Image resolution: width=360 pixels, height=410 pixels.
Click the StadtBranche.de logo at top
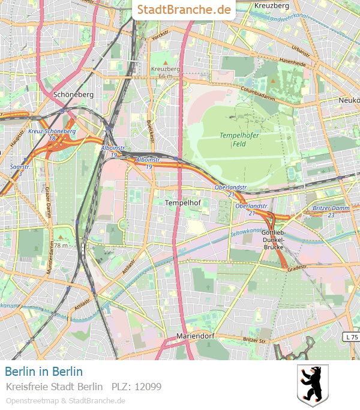click(184, 10)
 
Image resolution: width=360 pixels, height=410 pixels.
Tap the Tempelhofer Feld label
click(239, 139)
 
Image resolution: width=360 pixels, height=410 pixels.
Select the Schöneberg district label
click(73, 94)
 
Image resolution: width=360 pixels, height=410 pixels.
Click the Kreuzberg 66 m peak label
click(166, 73)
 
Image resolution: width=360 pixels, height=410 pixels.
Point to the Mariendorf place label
click(195, 336)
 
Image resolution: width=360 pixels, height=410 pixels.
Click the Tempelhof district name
click(182, 203)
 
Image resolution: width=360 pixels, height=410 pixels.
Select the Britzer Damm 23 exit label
click(331, 211)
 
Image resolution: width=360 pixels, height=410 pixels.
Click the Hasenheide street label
click(293, 61)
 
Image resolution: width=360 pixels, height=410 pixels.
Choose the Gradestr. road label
click(297, 270)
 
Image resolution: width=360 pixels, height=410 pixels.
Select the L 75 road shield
click(351, 337)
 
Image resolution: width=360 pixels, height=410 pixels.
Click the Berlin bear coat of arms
click(313, 385)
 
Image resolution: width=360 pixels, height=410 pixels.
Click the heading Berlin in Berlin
click(44, 372)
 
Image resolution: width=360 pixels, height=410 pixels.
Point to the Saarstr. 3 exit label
click(20, 170)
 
